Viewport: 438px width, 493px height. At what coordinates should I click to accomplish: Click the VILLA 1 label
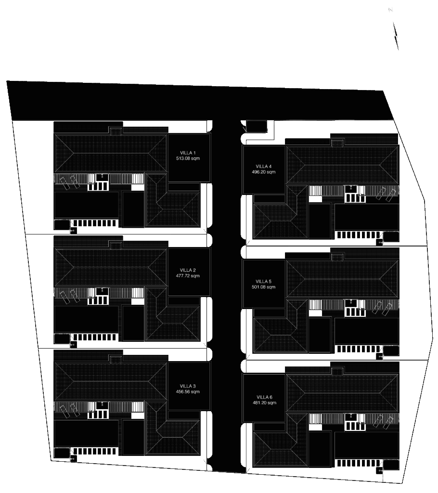tap(188, 153)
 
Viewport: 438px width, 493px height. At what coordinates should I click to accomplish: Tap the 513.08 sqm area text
tap(188, 158)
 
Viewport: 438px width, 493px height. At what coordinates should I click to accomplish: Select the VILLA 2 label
tap(188, 270)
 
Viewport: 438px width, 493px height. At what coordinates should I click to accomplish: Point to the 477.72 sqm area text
tap(188, 276)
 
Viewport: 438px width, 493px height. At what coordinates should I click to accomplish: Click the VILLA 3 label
tap(188, 386)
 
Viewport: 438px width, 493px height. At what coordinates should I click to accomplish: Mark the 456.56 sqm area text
tap(188, 392)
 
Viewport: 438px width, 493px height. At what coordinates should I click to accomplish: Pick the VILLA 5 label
tap(264, 282)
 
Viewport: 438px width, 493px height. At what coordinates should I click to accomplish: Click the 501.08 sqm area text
tap(264, 287)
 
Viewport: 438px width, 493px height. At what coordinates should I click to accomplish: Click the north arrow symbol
tap(396, 34)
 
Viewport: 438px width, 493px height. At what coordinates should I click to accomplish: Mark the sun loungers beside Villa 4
tap(386, 193)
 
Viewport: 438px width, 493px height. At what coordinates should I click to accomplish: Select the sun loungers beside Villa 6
tap(386, 422)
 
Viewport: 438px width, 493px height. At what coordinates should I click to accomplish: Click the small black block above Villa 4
tap(256, 126)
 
